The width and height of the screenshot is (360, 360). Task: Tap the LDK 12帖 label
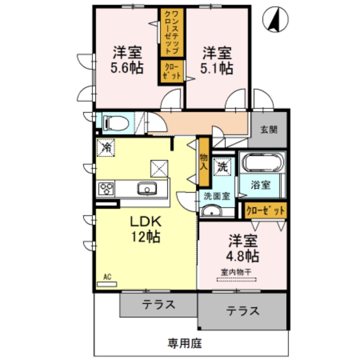146,229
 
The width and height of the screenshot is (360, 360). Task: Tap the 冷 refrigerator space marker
107,147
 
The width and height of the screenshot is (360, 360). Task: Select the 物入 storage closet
204,162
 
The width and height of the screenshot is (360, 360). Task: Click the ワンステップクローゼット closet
171,32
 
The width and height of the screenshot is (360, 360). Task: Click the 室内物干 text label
236,272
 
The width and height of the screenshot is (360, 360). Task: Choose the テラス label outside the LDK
158,305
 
